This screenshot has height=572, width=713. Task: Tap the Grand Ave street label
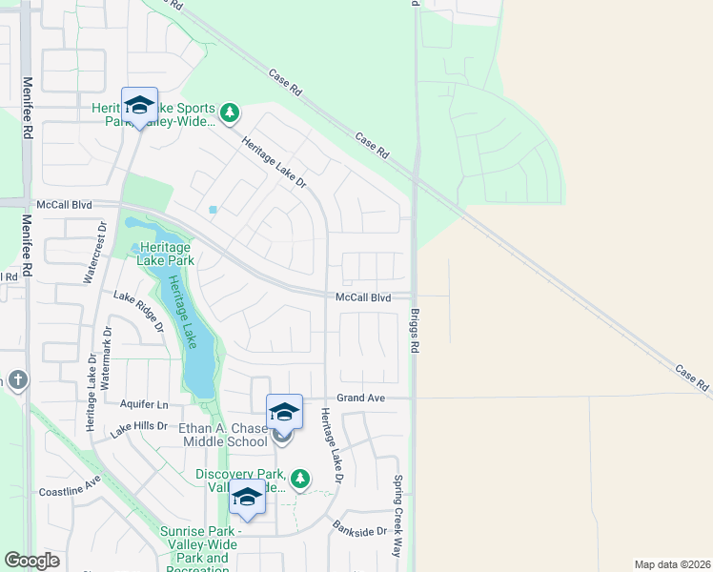[360, 398]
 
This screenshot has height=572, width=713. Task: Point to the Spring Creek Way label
[398, 516]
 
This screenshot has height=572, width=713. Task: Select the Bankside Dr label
[359, 527]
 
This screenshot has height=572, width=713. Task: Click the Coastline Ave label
[70, 486]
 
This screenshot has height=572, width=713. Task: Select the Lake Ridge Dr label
[139, 311]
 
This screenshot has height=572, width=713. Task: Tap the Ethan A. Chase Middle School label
[223, 435]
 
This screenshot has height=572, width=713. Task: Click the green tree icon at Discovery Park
[301, 478]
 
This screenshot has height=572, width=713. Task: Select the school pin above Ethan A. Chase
[284, 412]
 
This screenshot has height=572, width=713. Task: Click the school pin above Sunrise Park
[248, 498]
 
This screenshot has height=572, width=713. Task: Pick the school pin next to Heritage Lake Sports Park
[139, 105]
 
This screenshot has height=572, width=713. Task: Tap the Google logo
[31, 561]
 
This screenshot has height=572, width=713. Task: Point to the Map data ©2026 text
[672, 564]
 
